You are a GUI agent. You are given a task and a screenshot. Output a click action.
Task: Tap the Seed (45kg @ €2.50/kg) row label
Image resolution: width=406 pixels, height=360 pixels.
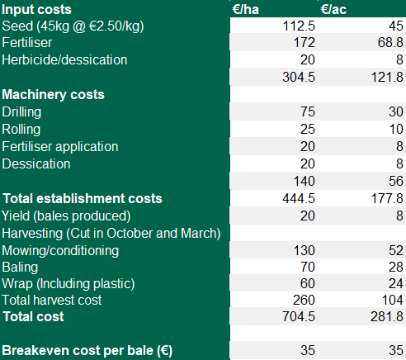coord(73,26)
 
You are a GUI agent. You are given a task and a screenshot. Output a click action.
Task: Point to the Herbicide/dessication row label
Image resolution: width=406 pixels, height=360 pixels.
coord(65,59)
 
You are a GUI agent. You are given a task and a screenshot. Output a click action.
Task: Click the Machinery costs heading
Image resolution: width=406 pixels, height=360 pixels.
coord(54,94)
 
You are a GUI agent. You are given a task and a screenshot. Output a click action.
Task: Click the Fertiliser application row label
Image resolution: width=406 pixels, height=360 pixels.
coord(60,146)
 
